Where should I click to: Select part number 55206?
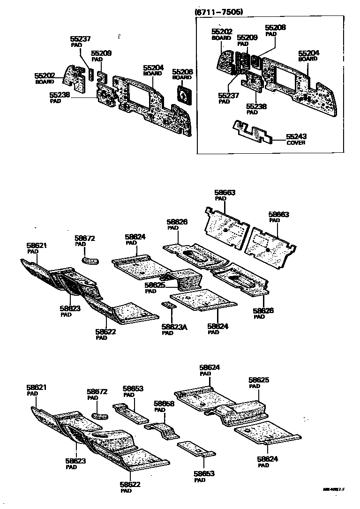[x=182, y=72]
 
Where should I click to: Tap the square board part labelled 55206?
[x=183, y=96]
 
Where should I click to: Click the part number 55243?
[x=296, y=137]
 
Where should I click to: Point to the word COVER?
[x=296, y=142]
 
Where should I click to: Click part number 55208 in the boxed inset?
[x=275, y=28]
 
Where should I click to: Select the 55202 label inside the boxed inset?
[x=222, y=31]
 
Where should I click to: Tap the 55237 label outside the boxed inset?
[x=81, y=39]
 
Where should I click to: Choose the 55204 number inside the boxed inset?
[x=309, y=53]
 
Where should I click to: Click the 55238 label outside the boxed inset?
[x=60, y=95]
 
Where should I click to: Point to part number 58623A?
[x=174, y=327]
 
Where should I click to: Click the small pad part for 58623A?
[x=168, y=306]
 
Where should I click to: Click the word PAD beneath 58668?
[x=160, y=410]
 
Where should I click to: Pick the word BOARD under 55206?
[x=182, y=78]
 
